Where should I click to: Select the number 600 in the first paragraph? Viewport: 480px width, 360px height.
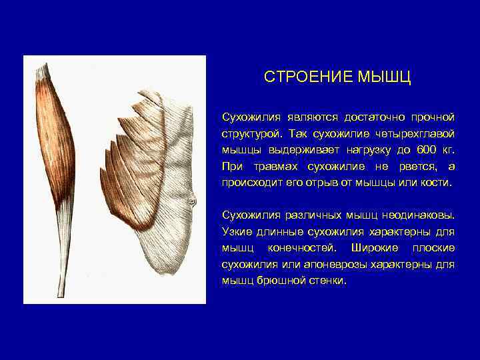click(x=426, y=149)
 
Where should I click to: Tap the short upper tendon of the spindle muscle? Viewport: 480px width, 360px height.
click(x=44, y=70)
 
